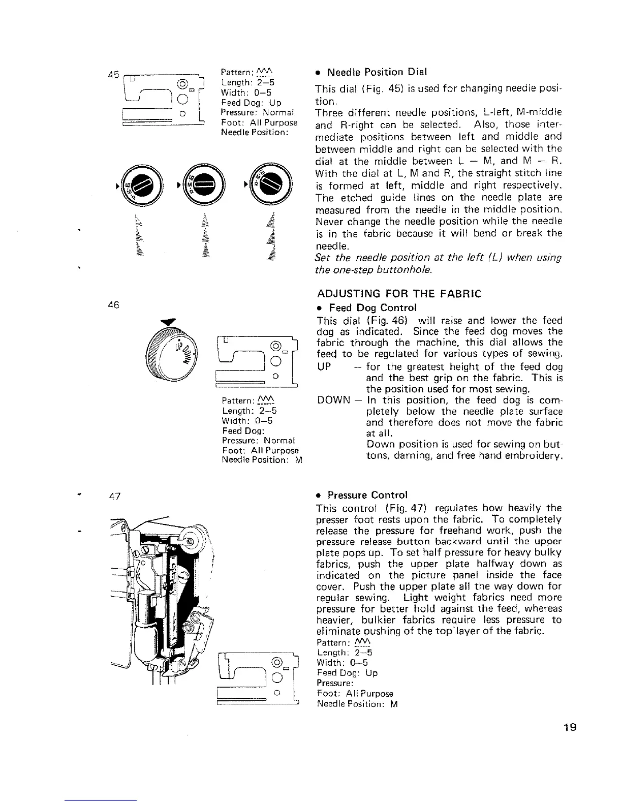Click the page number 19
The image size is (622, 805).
pyautogui.click(x=570, y=728)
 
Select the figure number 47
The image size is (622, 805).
pyautogui.click(x=115, y=497)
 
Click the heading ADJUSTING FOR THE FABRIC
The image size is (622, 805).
pyautogui.click(x=399, y=294)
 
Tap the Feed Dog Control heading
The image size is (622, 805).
pyautogui.click(x=373, y=308)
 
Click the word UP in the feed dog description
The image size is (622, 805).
pyautogui.click(x=324, y=367)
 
